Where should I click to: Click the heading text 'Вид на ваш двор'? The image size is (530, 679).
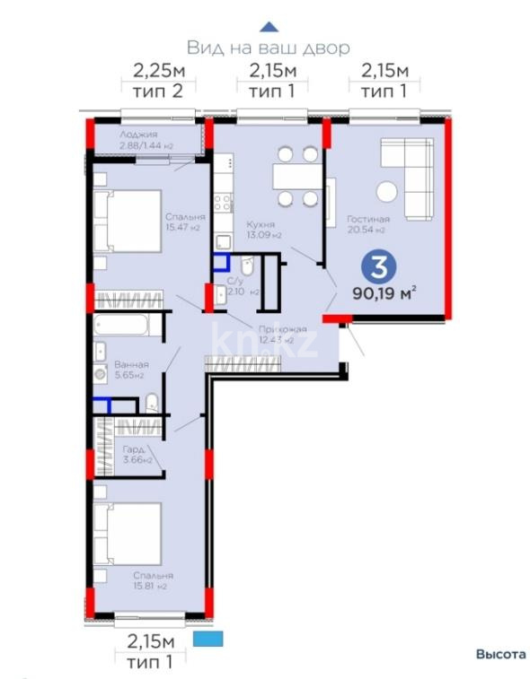click(267, 47)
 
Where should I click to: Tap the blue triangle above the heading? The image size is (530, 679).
click(267, 27)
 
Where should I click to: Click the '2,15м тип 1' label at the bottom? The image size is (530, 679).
click(149, 652)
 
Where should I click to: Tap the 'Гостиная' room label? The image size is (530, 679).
click(367, 219)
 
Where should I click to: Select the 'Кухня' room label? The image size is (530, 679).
click(263, 225)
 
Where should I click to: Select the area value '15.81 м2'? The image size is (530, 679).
click(149, 588)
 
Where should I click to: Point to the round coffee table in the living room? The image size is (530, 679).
click(387, 192)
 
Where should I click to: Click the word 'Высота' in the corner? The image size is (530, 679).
click(500, 654)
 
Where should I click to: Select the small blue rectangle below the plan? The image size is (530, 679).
click(207, 639)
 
